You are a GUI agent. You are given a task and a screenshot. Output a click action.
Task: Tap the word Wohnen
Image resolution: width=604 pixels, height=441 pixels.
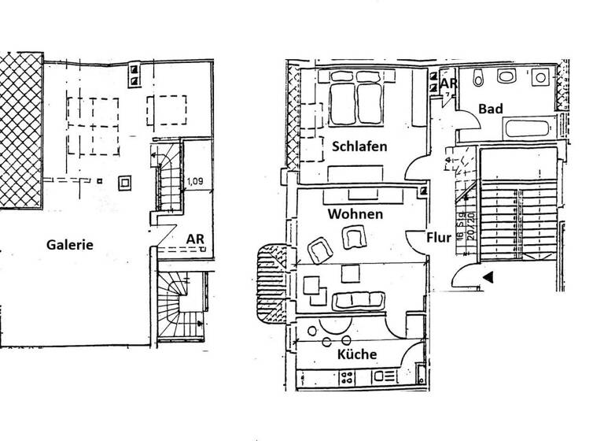click(355, 214)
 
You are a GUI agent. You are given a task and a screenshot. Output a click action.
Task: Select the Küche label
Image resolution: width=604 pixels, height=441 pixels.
click(357, 354)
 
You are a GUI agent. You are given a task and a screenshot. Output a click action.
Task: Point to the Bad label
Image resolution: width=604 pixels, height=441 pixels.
click(491, 109)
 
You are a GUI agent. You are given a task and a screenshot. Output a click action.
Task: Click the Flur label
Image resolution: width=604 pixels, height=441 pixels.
click(438, 236)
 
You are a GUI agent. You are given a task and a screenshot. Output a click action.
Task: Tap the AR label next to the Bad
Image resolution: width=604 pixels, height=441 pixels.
click(449, 83)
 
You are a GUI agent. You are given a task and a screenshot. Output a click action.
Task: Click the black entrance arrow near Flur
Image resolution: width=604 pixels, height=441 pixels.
click(488, 277)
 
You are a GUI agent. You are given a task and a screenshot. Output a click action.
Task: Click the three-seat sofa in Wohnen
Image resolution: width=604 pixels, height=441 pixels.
click(360, 300)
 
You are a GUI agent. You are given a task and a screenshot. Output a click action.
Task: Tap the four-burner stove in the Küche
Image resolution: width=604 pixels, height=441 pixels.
click(347, 379)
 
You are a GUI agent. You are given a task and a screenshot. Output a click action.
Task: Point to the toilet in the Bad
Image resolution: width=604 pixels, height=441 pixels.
click(507, 77)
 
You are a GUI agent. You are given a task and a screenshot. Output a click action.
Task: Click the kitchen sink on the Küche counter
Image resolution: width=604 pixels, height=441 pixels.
click(385, 378)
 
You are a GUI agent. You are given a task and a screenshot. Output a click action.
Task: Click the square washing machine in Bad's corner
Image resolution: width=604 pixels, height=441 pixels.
click(540, 78)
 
